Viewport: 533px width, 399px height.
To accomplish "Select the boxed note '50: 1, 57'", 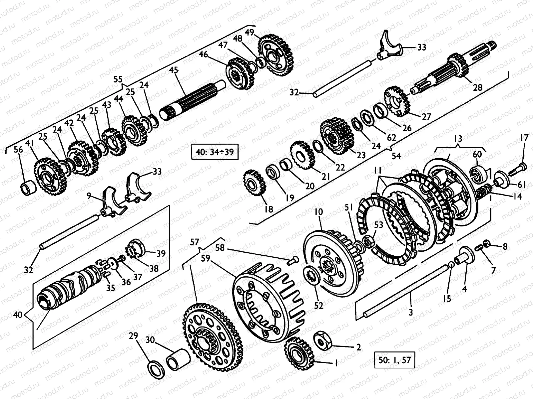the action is [x=395, y=361].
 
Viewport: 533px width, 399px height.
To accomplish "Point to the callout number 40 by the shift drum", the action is [x=18, y=314].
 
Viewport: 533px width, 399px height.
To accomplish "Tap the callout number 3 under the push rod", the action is [x=411, y=312].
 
